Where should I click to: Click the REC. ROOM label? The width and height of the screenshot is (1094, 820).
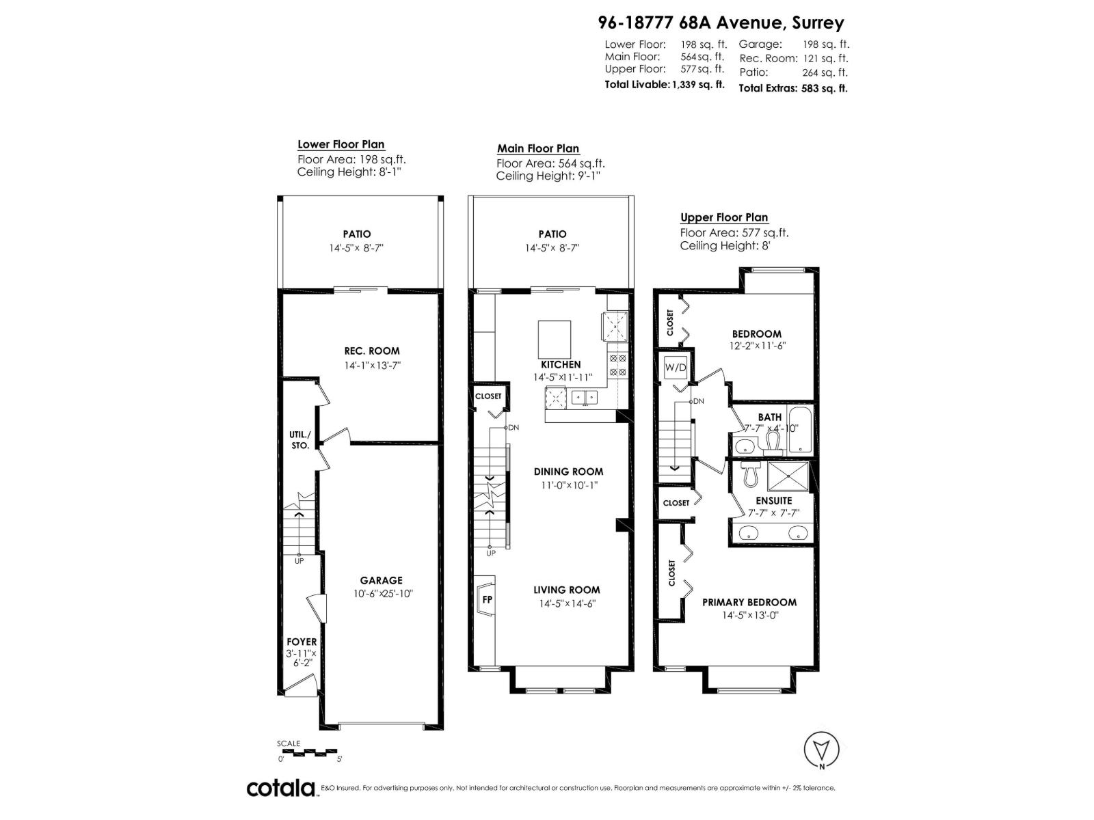point(371,351)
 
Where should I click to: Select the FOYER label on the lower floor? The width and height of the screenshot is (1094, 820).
point(302,642)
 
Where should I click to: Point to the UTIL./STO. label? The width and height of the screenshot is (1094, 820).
point(299,439)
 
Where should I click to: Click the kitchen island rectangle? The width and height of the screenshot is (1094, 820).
point(555,338)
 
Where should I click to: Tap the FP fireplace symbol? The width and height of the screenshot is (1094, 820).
point(486,599)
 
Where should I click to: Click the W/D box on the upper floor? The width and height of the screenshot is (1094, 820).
point(676,368)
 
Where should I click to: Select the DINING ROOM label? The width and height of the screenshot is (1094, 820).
point(568,471)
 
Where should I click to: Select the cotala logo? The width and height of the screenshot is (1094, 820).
point(280,788)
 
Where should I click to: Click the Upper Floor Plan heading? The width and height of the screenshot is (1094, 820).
point(723,217)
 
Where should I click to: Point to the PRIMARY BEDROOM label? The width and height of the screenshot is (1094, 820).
point(749,602)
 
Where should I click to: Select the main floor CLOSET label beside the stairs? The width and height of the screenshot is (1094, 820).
point(488,396)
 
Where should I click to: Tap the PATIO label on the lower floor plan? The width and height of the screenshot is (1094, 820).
point(357,234)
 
